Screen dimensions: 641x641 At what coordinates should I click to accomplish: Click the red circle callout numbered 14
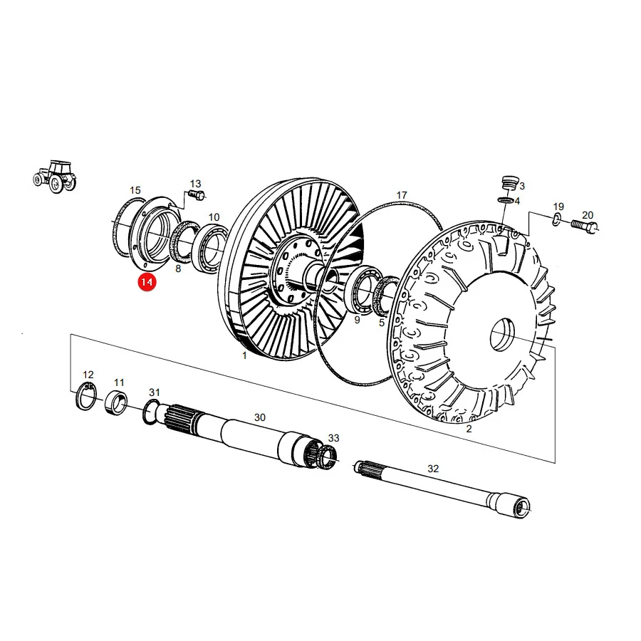[x=147, y=282]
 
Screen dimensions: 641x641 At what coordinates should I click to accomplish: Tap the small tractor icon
[x=55, y=176]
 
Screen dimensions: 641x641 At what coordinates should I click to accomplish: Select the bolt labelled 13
[x=197, y=195]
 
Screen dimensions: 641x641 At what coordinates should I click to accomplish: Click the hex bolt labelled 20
[x=584, y=225]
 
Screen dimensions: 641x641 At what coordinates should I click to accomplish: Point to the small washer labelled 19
[x=556, y=220]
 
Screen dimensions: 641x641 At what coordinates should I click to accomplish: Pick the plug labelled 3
[x=509, y=183]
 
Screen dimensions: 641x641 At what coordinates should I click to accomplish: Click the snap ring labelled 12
[x=86, y=395]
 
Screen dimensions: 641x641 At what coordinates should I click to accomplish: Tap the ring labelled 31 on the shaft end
[x=150, y=412]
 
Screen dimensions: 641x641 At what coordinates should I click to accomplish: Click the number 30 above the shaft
[x=259, y=417]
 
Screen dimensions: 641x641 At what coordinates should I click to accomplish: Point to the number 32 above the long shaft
[x=433, y=469]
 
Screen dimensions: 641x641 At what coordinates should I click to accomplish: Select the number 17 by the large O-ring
[x=402, y=195]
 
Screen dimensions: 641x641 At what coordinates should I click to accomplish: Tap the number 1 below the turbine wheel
[x=244, y=355]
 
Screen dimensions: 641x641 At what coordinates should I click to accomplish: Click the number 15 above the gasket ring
[x=135, y=190]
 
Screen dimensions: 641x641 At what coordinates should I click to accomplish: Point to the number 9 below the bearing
[x=357, y=320]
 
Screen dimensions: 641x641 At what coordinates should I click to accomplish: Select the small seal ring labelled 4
[x=505, y=200]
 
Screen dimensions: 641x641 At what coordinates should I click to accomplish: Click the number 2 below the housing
[x=469, y=429]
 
